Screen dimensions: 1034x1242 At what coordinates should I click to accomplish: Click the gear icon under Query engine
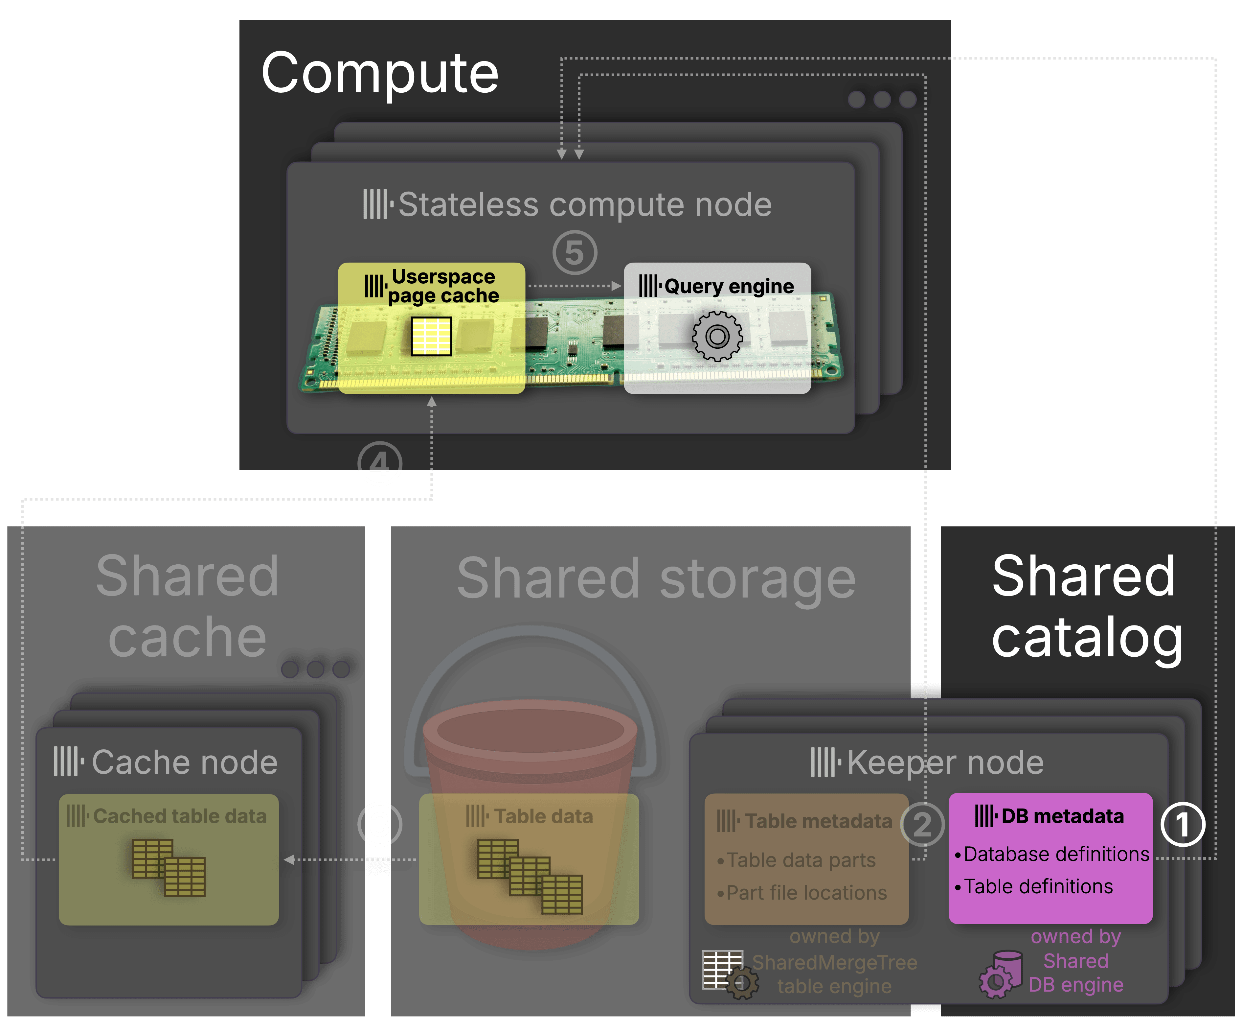tap(717, 336)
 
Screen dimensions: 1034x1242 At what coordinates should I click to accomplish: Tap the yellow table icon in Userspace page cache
tap(431, 336)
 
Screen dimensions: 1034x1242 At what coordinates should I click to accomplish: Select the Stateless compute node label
tap(568, 205)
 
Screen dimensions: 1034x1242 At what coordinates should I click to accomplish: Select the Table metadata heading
tap(804, 821)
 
